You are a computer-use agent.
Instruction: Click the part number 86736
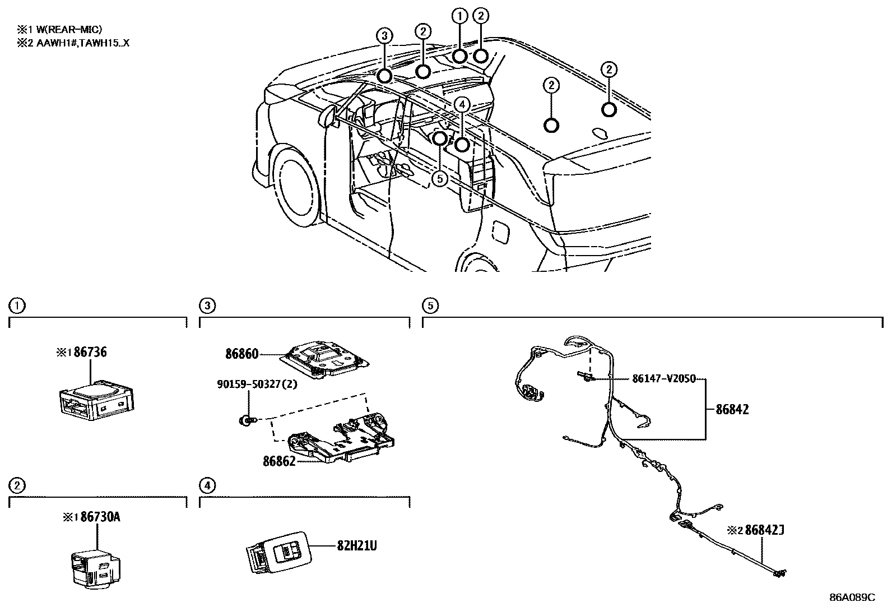coord(90,353)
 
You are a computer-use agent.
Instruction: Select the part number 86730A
coord(100,517)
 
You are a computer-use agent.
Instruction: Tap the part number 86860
coord(242,354)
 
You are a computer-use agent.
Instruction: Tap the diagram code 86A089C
coord(852,598)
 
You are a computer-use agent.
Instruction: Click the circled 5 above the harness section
coord(430,305)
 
